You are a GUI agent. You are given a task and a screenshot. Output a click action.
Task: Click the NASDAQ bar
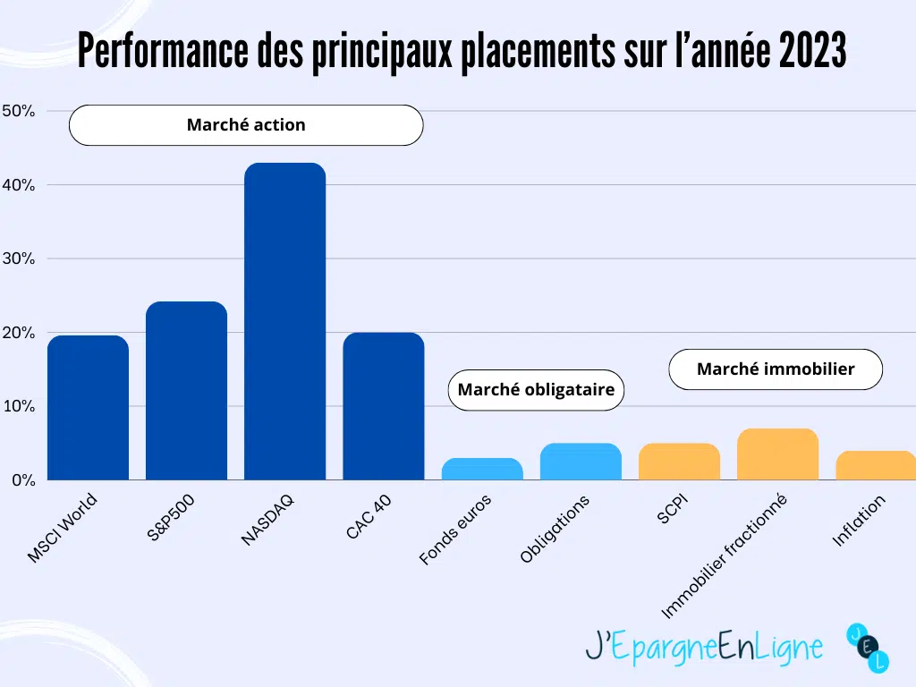[284, 322]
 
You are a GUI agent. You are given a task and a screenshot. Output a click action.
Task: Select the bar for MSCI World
[88, 408]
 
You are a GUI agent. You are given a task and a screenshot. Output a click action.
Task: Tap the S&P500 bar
[186, 391]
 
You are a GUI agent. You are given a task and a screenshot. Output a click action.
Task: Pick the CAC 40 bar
[384, 406]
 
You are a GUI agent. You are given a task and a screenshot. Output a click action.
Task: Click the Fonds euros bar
[482, 470]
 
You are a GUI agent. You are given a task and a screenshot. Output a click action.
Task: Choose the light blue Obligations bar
[581, 462]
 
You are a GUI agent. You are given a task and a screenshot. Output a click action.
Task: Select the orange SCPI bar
[679, 462]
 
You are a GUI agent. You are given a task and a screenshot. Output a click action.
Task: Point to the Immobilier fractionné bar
[777, 454]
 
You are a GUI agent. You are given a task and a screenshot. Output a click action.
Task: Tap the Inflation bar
[876, 465]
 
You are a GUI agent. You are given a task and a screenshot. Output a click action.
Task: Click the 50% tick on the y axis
[19, 111]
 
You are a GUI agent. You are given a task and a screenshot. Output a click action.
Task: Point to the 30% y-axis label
[19, 259]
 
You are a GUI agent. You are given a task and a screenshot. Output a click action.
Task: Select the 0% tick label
[22, 480]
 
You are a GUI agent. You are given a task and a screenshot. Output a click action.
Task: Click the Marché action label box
[246, 125]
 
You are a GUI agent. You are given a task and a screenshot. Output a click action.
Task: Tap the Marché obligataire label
[536, 390]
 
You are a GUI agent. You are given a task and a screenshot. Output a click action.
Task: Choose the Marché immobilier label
[776, 369]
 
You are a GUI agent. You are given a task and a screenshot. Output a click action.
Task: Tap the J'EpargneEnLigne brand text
[704, 646]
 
